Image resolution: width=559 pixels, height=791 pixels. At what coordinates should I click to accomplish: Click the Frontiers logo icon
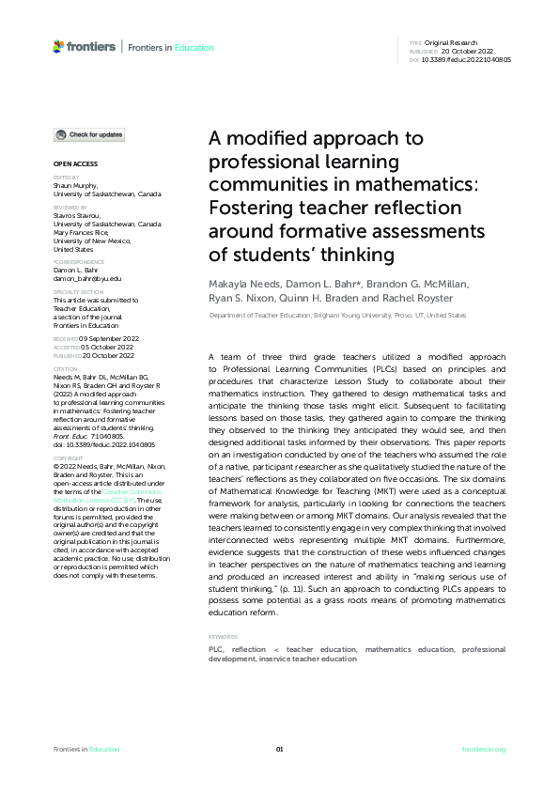coord(58,46)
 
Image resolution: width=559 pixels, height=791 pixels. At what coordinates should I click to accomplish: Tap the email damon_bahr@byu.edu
coord(87,278)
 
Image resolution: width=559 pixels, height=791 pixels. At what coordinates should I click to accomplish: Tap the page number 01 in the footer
coord(279,749)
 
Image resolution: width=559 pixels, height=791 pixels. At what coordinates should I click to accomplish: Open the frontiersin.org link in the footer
coord(485,749)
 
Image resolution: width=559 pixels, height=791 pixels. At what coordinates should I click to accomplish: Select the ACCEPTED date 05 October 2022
coord(105,346)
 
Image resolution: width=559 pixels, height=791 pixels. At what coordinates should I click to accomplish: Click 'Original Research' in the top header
coord(452,43)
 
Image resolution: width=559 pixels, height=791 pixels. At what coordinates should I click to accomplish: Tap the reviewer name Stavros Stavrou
coord(79,217)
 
